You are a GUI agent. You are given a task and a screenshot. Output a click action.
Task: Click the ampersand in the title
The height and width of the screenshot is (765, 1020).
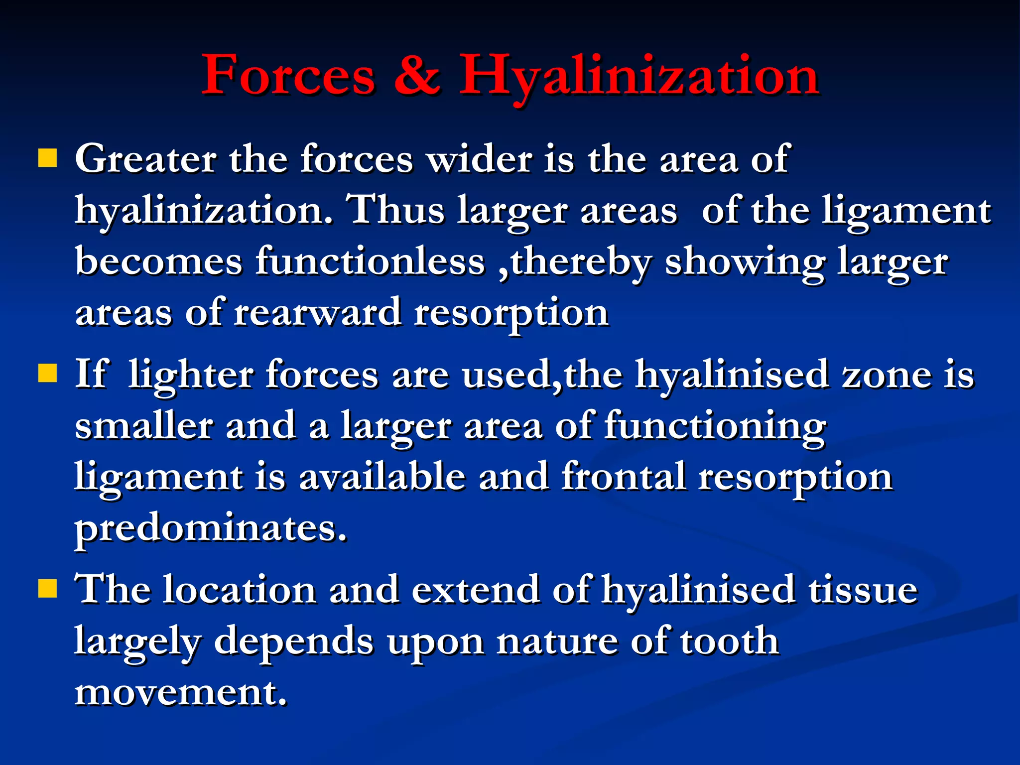tap(417, 75)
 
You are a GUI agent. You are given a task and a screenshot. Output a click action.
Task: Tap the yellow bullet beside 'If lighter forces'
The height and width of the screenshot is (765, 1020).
tap(47, 372)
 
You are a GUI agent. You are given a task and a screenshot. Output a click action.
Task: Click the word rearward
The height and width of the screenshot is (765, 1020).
tap(318, 313)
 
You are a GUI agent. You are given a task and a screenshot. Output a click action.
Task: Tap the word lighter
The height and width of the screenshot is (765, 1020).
tap(191, 375)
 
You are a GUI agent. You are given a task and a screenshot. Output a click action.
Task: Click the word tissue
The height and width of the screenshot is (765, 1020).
tap(863, 590)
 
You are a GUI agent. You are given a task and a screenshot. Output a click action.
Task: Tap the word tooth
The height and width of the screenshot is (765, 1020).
tap(730, 641)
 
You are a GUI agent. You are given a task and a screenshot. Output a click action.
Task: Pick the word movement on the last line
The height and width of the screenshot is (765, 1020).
tap(180, 693)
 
